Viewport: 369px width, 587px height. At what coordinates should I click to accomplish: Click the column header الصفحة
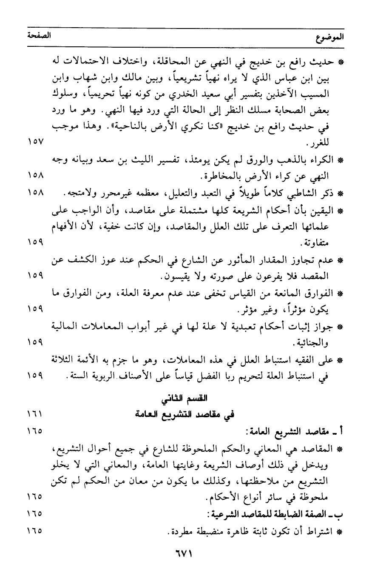[x=37, y=36]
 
